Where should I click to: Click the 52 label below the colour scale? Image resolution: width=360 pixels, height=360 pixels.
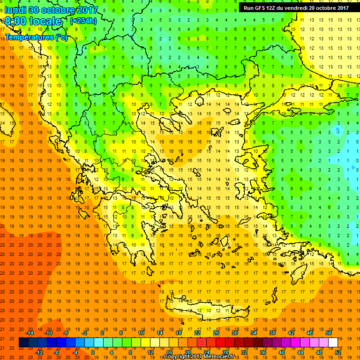338,352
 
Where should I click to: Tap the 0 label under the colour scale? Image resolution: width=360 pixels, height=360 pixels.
92,352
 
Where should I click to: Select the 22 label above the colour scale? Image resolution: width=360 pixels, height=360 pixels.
197,333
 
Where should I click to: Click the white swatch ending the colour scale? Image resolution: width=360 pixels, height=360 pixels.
333,343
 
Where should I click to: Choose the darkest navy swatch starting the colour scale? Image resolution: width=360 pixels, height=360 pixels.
23,343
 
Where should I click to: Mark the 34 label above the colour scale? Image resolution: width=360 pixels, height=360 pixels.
254,333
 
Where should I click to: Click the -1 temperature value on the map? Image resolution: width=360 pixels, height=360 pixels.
337,133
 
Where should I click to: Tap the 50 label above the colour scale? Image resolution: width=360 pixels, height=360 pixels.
329,333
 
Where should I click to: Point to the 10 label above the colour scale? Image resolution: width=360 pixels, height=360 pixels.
141,333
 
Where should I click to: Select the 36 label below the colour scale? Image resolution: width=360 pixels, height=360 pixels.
263,352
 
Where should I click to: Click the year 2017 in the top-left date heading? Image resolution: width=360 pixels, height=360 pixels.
86,10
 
